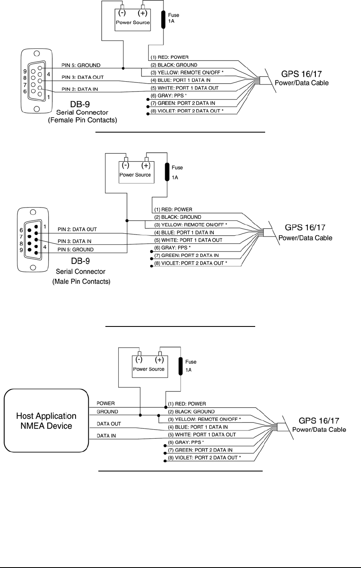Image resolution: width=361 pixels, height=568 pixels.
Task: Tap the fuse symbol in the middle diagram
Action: pos(167,173)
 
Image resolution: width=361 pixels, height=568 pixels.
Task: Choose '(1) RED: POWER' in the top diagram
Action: pos(171,57)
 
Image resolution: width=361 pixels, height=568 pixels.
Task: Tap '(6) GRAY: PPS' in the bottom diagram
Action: pos(183,442)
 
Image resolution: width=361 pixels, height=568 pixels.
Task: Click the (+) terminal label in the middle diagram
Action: pos(145,166)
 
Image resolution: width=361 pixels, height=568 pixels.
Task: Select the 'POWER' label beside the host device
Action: pos(106,403)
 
